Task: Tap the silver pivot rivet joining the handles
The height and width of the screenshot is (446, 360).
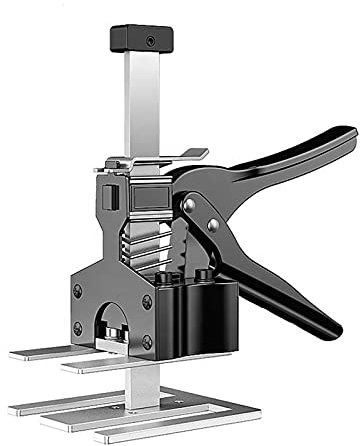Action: [190, 205]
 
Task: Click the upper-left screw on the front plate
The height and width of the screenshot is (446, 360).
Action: [79, 291]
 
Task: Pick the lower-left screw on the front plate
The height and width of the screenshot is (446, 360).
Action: [78, 328]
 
